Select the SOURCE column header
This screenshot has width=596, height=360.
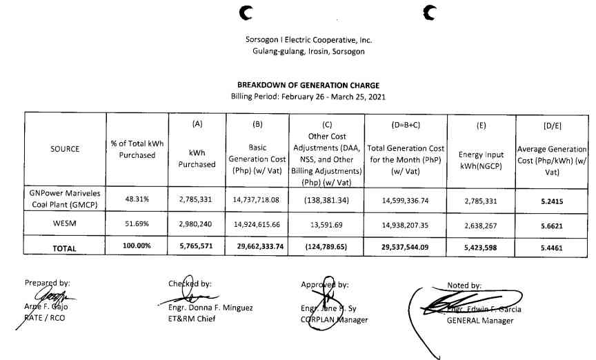(65, 149)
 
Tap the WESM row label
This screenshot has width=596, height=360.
(65, 223)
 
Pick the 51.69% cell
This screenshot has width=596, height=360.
(137, 223)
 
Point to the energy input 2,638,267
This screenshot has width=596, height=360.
(481, 223)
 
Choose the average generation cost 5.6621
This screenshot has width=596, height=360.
(552, 223)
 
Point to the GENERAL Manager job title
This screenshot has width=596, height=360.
(480, 321)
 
